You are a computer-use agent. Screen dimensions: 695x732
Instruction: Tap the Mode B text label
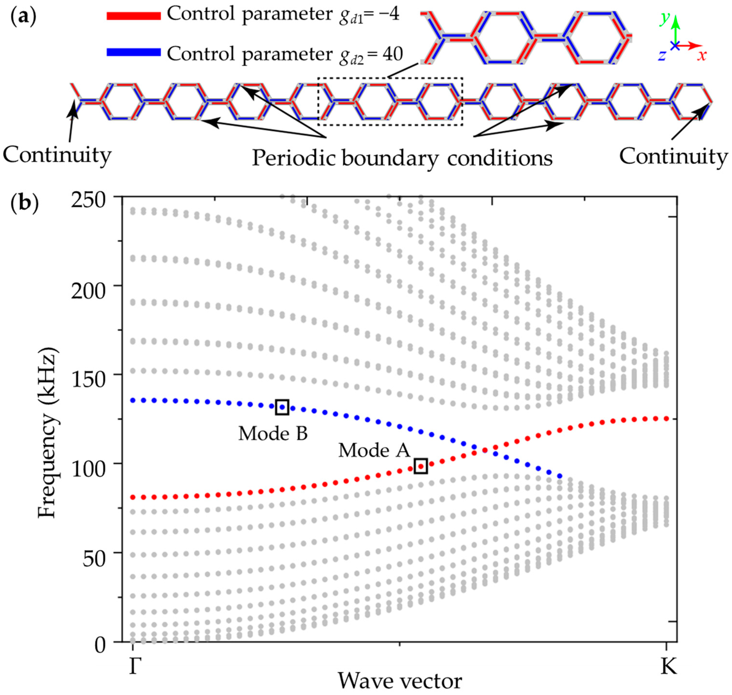coord(273,433)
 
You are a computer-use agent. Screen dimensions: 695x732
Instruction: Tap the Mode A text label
coord(374,450)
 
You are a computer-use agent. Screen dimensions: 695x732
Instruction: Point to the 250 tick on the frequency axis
coord(88,201)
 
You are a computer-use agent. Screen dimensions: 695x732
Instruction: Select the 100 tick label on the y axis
coord(88,469)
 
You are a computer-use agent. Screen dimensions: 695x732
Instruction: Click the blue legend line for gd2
coord(133,52)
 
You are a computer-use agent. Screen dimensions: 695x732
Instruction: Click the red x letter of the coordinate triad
coord(701,56)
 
